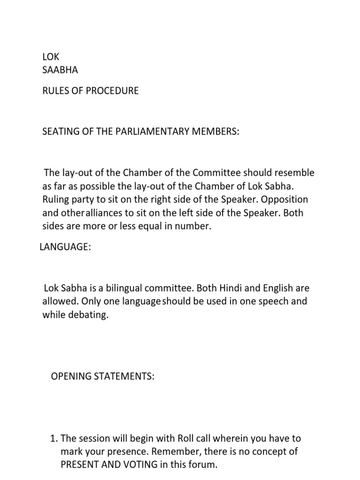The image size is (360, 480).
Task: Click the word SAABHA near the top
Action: click(60, 70)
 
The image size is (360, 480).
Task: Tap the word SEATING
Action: click(60, 132)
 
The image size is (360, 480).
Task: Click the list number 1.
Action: click(52, 439)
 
